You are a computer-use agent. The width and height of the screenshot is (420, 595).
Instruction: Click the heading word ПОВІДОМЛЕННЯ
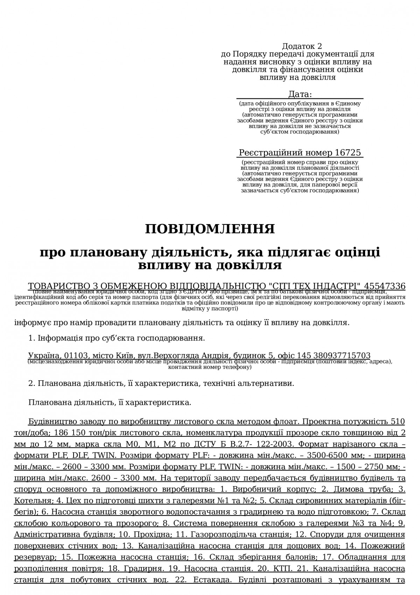210,229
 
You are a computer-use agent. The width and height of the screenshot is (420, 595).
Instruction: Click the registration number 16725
348,153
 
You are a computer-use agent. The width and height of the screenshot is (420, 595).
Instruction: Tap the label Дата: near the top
300,94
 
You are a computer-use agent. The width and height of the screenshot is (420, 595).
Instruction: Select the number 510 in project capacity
398,421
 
